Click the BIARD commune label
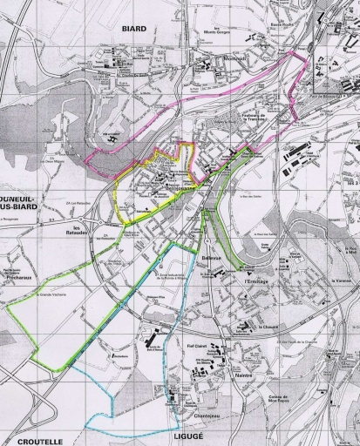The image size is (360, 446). (133, 28)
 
